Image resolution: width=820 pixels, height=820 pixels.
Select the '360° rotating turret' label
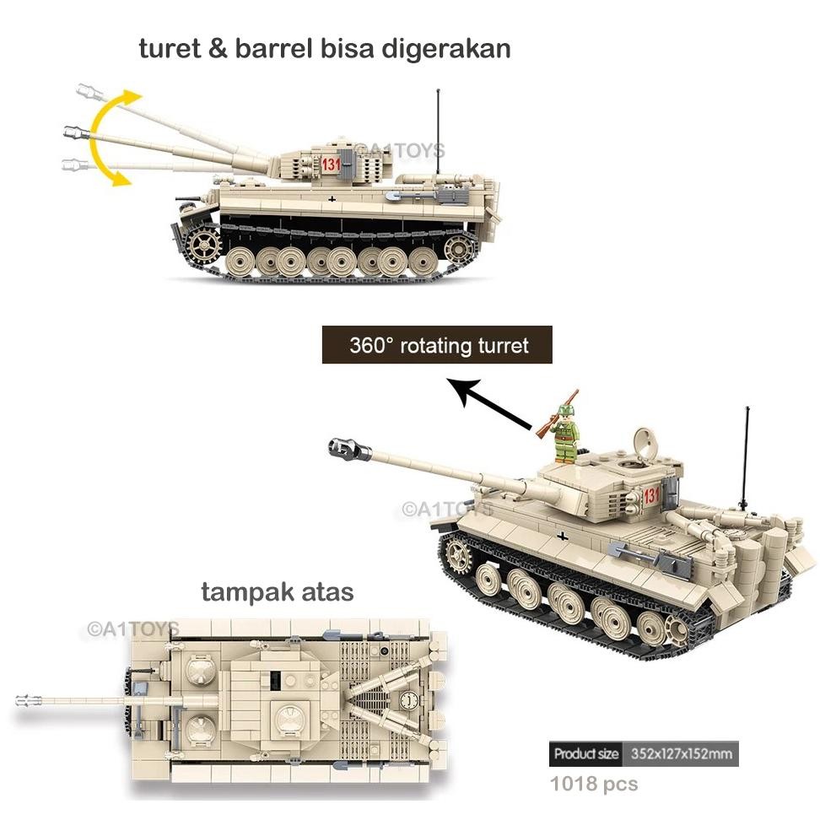(438, 345)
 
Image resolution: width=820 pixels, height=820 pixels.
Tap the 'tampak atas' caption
(277, 592)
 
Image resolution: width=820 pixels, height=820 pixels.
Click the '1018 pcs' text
(594, 785)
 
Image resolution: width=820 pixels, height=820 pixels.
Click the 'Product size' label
(586, 753)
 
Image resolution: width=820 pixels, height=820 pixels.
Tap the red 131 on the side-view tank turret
(330, 165)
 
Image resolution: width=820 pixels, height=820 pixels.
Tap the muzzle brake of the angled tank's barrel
(343, 447)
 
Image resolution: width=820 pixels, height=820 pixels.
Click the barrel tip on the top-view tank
(28, 700)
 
